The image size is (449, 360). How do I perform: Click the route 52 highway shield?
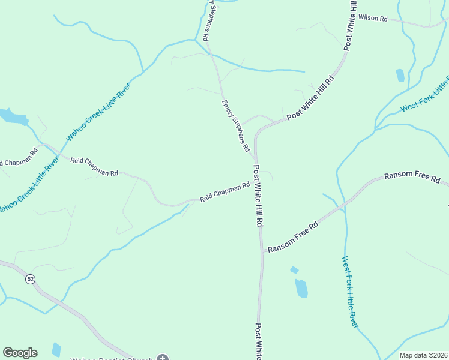29,279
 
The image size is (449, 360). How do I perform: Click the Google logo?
20,353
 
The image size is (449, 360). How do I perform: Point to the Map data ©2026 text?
423,355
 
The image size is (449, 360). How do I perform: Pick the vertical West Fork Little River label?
349,292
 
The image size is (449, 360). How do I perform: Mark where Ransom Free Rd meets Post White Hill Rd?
262,251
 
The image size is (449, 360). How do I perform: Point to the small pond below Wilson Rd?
400,75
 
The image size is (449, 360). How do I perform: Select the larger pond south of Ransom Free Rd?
301,288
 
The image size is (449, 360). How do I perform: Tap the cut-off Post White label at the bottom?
258,341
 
